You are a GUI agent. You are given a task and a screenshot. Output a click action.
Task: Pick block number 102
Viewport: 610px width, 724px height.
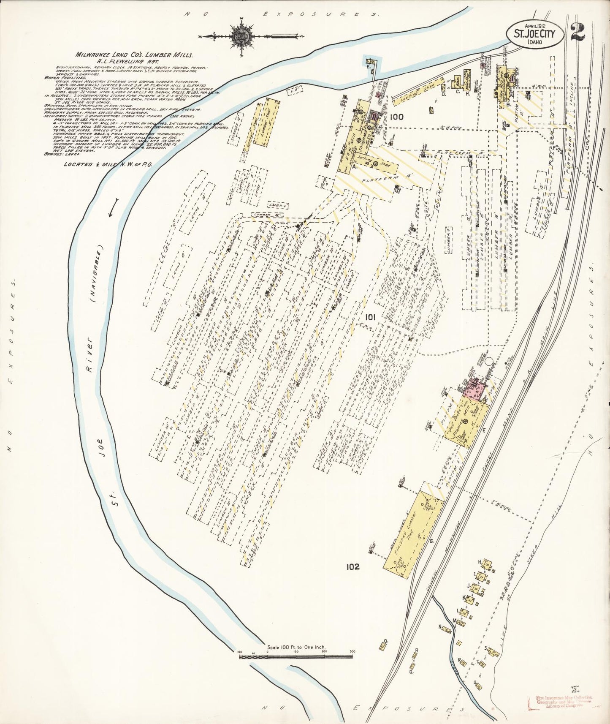point(351,567)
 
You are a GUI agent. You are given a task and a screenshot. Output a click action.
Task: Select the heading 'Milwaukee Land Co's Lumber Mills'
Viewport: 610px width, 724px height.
point(134,55)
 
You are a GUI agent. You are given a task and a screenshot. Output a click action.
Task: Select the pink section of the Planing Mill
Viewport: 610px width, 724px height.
point(475,388)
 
